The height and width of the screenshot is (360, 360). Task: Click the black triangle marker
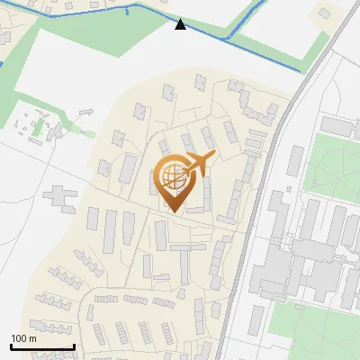(x=181, y=23)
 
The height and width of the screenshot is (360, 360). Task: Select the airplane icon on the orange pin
(x=200, y=164)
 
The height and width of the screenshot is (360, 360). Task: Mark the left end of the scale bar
(x=12, y=346)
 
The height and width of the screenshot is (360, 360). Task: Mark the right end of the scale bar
(x=73, y=346)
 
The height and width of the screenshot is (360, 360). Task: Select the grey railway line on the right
(x=270, y=180)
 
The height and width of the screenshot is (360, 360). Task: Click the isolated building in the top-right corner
(x=324, y=14)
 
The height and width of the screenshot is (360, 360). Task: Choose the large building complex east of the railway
(x=306, y=252)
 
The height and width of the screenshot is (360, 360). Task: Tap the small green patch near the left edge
(x=37, y=128)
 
